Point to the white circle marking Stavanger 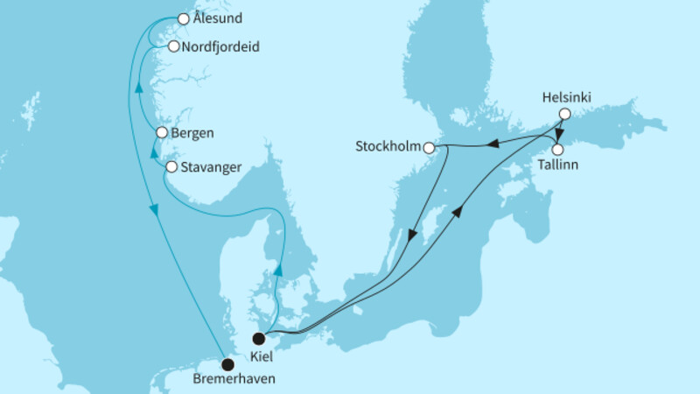click(171, 166)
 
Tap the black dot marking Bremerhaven click(227, 364)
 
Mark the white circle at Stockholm click(429, 147)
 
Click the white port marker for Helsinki click(565, 114)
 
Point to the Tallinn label click(557, 164)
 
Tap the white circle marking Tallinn click(556, 149)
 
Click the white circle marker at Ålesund click(184, 18)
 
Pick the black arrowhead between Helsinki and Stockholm click(493, 144)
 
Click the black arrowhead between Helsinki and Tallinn click(560, 134)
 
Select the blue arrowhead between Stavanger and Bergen click(153, 152)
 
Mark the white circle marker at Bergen click(161, 133)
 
